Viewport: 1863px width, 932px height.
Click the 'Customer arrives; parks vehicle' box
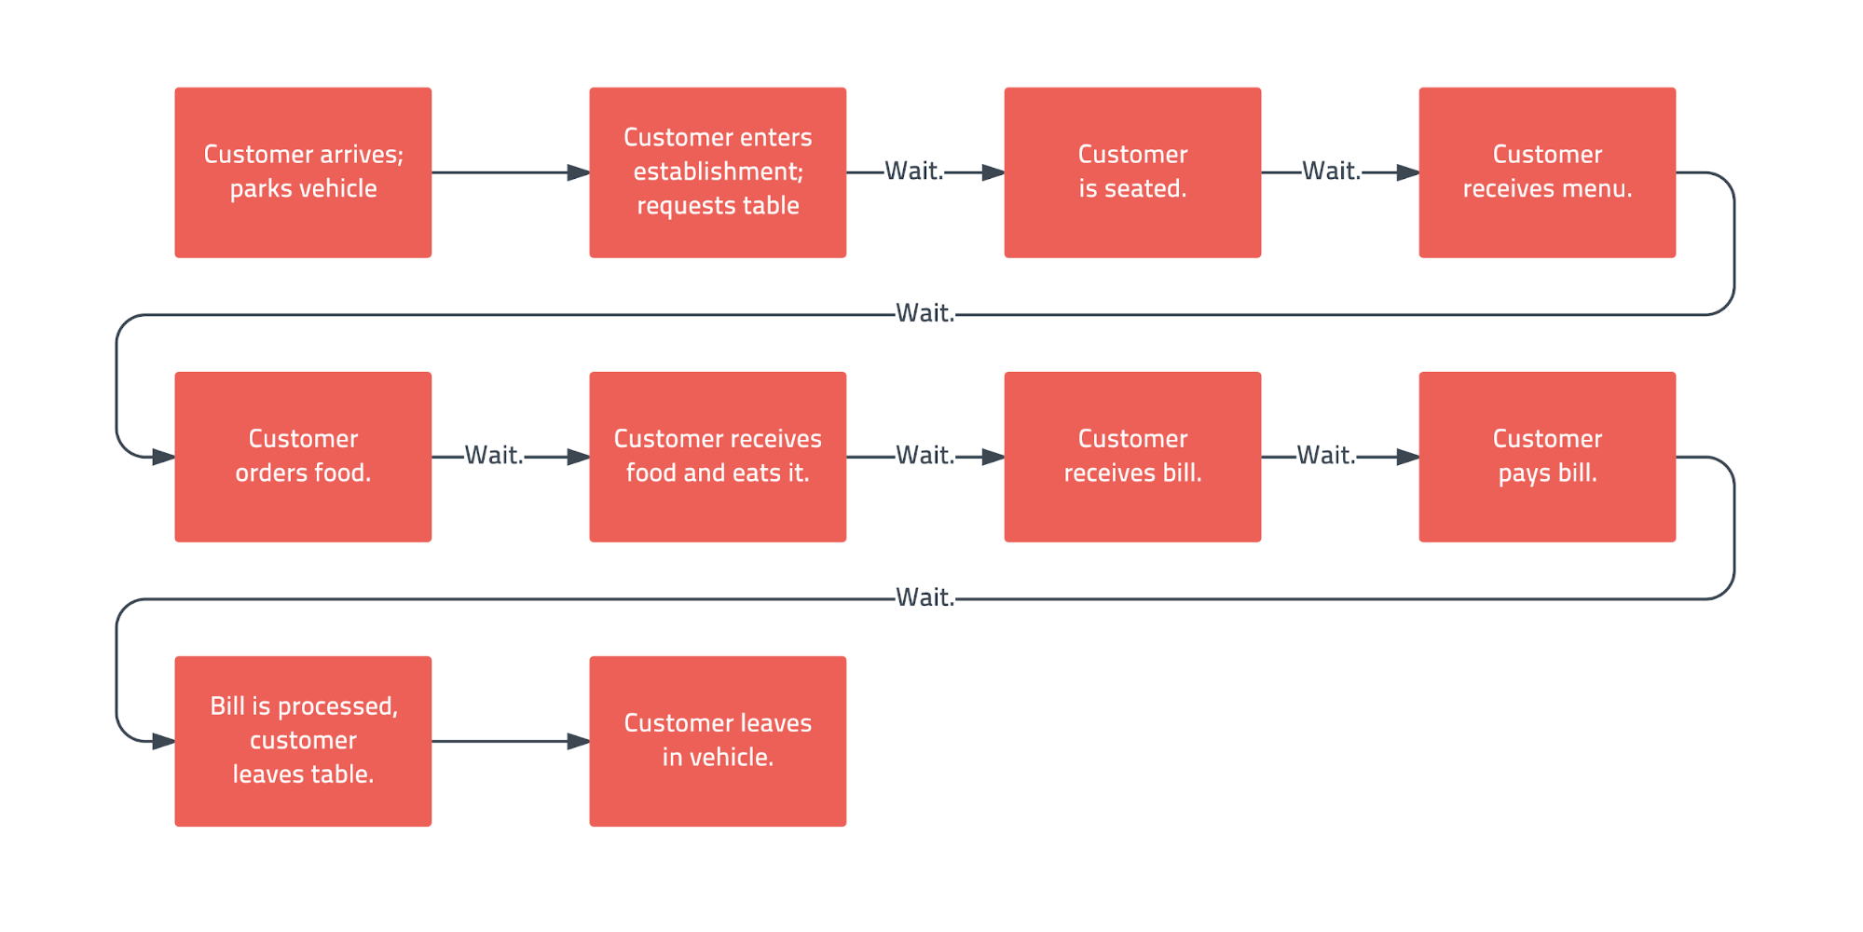click(303, 172)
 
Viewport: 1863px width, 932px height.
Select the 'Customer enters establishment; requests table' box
click(718, 172)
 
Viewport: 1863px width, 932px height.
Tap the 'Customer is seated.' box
click(1132, 172)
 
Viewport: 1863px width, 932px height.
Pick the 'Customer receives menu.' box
click(1547, 172)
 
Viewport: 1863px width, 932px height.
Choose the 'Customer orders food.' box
click(303, 457)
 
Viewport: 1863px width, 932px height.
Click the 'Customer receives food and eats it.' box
click(718, 457)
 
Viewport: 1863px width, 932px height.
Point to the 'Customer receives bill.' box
click(1132, 457)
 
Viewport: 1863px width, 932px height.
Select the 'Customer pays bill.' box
click(1547, 457)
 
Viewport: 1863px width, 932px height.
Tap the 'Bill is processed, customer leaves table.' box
click(303, 741)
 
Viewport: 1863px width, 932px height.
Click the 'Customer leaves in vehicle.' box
click(718, 741)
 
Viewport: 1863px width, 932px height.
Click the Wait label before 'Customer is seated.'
click(914, 171)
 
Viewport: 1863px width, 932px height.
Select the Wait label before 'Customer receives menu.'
click(1332, 171)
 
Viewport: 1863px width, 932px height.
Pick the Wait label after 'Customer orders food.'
click(494, 455)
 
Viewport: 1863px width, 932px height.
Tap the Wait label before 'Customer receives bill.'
click(925, 455)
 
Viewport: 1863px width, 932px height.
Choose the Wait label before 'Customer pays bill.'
click(1326, 455)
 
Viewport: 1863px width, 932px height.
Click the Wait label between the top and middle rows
click(925, 313)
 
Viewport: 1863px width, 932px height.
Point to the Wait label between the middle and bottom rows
click(925, 597)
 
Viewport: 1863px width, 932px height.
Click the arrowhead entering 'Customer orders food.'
click(164, 457)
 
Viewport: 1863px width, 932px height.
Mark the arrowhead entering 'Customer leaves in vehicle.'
click(579, 741)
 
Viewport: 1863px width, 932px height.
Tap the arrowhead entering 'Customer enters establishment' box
click(579, 172)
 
